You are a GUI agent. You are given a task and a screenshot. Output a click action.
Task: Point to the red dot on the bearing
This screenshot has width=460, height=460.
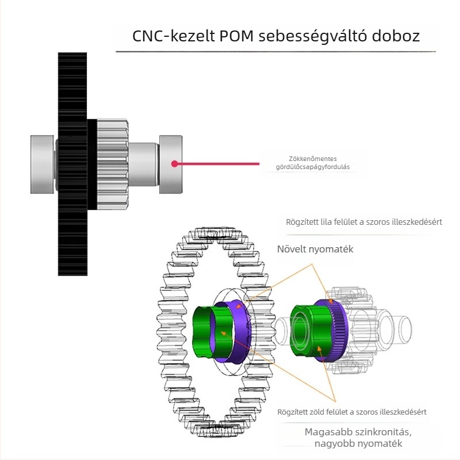pyautogui.click(x=174, y=164)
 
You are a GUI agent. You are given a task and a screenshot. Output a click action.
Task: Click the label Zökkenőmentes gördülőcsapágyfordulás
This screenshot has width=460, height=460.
pyautogui.click(x=313, y=163)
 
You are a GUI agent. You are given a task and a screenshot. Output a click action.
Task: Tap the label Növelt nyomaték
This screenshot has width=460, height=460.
pyautogui.click(x=315, y=250)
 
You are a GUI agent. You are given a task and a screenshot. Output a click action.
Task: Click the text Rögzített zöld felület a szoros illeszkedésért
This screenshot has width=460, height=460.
pyautogui.click(x=352, y=412)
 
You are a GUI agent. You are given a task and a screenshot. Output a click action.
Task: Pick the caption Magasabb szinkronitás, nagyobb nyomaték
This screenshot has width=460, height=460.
pyautogui.click(x=358, y=438)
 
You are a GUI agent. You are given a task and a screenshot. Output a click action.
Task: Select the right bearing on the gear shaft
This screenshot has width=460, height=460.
pyautogui.click(x=171, y=164)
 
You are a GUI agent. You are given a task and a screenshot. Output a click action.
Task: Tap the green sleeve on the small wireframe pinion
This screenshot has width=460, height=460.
pyautogui.click(x=305, y=331)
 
